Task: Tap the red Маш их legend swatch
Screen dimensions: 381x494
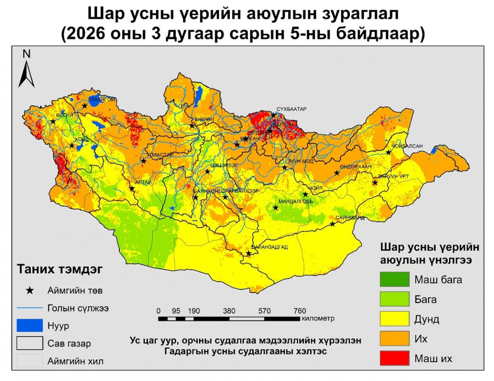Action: click(x=394, y=358)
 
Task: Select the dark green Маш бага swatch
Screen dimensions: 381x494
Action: click(x=394, y=279)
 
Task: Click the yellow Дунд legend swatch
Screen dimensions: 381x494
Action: click(x=394, y=319)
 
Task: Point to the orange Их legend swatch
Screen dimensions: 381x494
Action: click(x=394, y=339)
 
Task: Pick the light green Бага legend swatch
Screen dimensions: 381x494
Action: click(x=394, y=299)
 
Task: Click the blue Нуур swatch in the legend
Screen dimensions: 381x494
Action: click(x=30, y=326)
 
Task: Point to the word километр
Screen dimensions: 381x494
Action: click(x=317, y=318)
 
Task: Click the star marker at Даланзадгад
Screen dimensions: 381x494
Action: click(x=248, y=254)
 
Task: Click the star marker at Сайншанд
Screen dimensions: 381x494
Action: click(x=333, y=224)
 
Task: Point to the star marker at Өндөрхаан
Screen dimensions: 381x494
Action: click(x=337, y=173)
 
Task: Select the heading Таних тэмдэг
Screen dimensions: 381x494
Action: click(x=59, y=270)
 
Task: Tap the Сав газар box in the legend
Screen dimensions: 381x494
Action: click(x=30, y=343)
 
